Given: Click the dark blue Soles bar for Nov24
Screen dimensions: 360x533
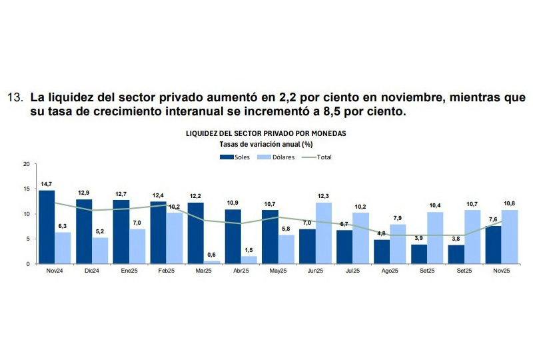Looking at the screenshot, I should pos(47,227).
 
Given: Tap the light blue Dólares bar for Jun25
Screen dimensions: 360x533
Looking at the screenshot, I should pos(324,233).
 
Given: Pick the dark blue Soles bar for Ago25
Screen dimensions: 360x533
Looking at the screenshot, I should pos(382,251).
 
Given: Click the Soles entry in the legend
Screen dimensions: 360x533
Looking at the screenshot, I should pos(235,157).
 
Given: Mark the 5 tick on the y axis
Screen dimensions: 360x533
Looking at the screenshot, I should pos(27,239).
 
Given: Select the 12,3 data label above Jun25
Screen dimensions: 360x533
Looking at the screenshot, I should pos(324,195).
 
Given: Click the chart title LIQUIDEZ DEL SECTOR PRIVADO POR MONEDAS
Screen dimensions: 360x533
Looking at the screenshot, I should pos(266,133).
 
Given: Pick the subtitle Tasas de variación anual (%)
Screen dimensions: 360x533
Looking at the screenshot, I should pos(266,143).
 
